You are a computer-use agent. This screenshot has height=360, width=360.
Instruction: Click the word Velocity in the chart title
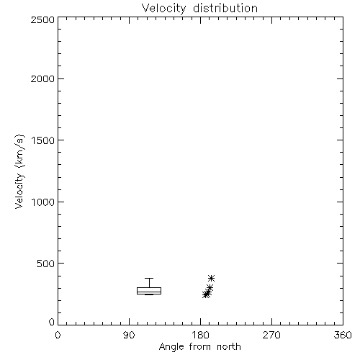point(164,9)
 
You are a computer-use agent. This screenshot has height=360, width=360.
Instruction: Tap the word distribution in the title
point(225,8)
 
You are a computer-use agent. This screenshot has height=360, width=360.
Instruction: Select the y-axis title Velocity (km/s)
point(19,171)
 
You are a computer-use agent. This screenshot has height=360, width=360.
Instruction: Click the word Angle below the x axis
point(171,347)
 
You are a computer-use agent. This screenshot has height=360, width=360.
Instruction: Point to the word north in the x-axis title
point(229,346)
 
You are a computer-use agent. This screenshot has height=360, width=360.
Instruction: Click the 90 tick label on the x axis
point(129,335)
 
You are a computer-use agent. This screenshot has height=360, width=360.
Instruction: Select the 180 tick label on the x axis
point(200,335)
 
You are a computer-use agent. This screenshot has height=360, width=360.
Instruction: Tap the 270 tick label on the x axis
point(271,335)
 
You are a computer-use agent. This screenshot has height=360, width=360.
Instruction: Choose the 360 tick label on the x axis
point(343,335)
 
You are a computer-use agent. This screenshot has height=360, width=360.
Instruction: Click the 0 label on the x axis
point(58,335)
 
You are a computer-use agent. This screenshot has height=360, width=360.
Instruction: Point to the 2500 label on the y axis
point(42,19)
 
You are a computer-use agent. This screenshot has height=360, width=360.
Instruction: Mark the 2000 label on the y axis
point(42,78)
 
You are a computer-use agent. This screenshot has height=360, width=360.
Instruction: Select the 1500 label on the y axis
point(43,140)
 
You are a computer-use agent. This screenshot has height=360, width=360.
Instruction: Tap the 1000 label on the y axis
point(43,202)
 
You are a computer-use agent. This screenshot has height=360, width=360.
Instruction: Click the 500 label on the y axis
point(46,264)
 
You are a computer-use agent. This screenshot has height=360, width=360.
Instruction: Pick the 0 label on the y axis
point(52,322)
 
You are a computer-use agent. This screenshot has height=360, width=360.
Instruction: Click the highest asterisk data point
point(211,278)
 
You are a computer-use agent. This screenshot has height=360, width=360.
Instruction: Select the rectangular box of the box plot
point(149,287)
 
